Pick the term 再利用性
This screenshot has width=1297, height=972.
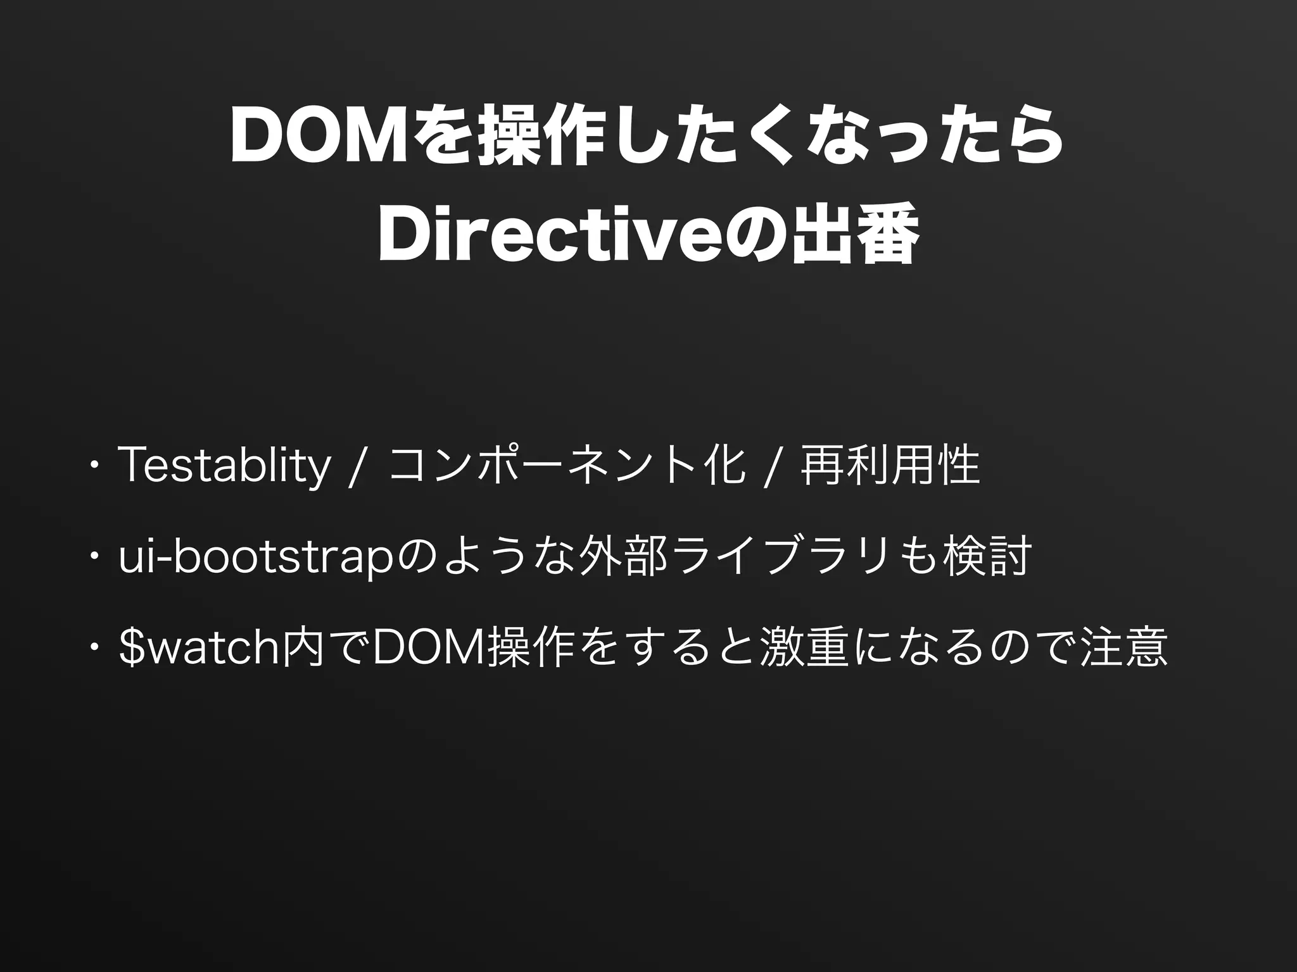(x=890, y=467)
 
